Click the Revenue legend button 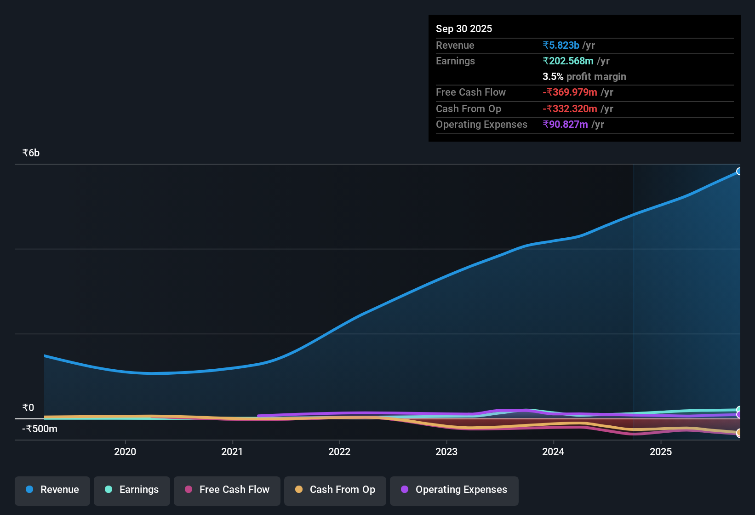click(x=52, y=490)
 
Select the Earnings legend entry click(x=132, y=490)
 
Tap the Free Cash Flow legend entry click(x=227, y=490)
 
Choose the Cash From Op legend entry click(x=335, y=490)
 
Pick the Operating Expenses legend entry click(x=454, y=490)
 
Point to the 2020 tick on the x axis click(x=125, y=452)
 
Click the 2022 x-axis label click(x=339, y=452)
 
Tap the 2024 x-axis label click(x=553, y=452)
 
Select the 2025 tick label click(x=661, y=452)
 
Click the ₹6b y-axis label click(x=31, y=153)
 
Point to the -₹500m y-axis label click(x=40, y=429)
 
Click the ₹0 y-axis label click(x=28, y=408)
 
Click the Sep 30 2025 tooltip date click(x=464, y=29)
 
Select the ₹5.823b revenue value click(x=561, y=45)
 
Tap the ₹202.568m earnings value click(x=568, y=61)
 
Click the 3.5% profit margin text click(x=584, y=76)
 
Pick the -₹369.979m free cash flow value click(x=570, y=92)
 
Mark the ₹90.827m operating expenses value click(x=565, y=124)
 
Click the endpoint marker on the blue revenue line click(x=739, y=172)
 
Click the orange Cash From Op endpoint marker click(x=739, y=433)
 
